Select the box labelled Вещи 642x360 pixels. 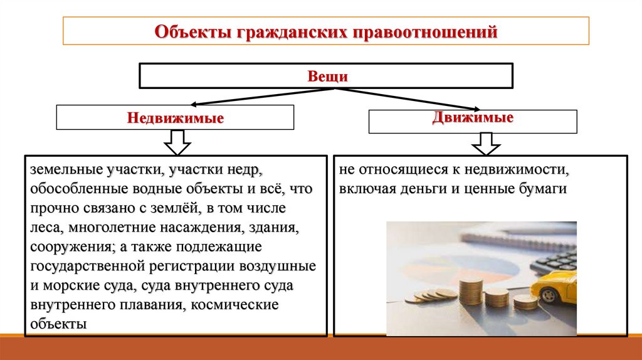pyautogui.click(x=326, y=76)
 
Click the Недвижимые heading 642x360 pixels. pyautogui.click(x=176, y=118)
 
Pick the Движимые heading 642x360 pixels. pyautogui.click(x=473, y=117)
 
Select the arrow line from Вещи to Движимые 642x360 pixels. pyautogui.click(x=408, y=98)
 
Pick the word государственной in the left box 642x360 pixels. pyautogui.click(x=87, y=267)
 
